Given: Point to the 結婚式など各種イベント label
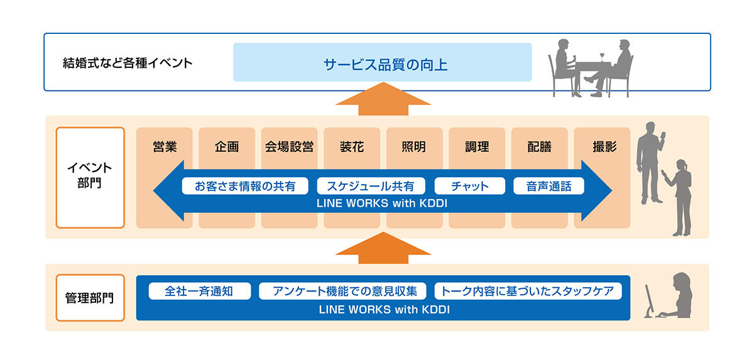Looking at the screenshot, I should pos(128,63).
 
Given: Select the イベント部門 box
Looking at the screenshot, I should pos(90,177).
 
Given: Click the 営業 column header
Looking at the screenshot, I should pos(165,147).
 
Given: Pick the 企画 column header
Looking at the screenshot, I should pos(227,147).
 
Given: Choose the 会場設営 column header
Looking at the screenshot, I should pos(289,147).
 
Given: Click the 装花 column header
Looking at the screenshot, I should pos(351,147).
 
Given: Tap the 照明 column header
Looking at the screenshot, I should pos(413,147).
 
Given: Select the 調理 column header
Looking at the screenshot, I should pos(476,147).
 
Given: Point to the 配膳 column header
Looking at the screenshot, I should pos(539,147).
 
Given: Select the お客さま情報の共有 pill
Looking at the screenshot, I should pos(245,187).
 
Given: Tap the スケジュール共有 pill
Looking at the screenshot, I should pos(371,187).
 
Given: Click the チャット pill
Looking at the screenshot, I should pos(470,187).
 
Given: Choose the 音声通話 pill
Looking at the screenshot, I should pos(549,187).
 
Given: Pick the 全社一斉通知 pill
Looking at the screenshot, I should pos(199,292).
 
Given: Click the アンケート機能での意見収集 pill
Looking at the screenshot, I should pos(342,292).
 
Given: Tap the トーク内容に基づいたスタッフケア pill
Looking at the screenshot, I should pos(527,292).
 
